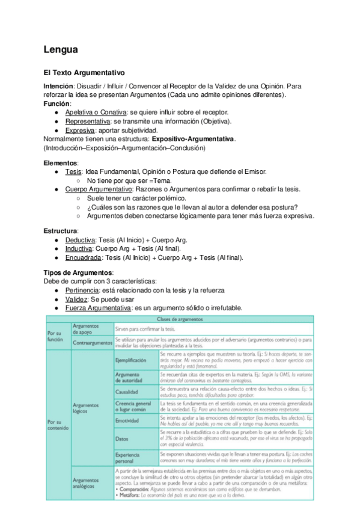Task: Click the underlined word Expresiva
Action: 80,130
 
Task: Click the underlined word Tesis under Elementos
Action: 73,171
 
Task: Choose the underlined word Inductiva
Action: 79,248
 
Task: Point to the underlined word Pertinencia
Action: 82,290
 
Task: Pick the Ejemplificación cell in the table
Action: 130,359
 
